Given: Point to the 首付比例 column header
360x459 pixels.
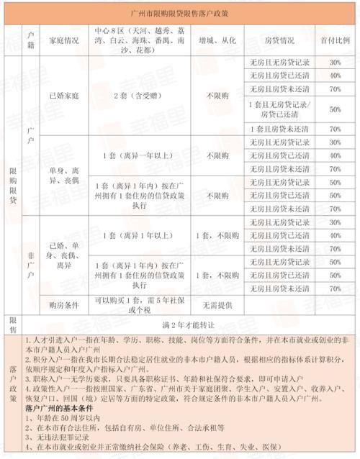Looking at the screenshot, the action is click(335, 35).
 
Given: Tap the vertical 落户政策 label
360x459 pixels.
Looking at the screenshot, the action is click(12, 388).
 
